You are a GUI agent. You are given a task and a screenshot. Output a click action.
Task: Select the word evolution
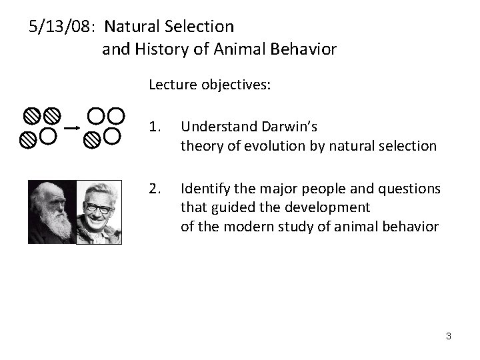[255, 145]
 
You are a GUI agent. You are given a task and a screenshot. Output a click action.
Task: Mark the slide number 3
[448, 335]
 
